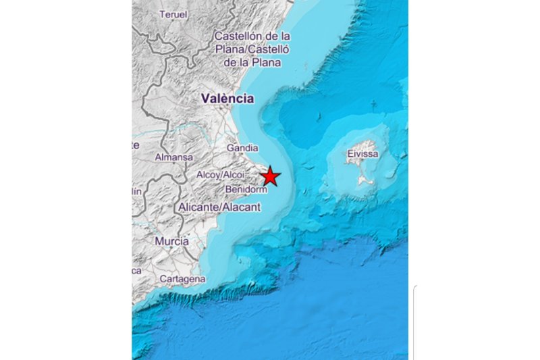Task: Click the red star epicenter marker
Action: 270,176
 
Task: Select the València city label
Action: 227,99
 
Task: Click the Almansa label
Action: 174,157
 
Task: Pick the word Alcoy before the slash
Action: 207,175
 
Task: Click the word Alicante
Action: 199,207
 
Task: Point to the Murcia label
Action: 171,241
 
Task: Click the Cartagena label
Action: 182,279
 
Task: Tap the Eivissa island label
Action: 362,154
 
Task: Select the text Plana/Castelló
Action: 252,49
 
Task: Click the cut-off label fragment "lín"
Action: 136,191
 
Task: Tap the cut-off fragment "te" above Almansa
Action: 136,145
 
